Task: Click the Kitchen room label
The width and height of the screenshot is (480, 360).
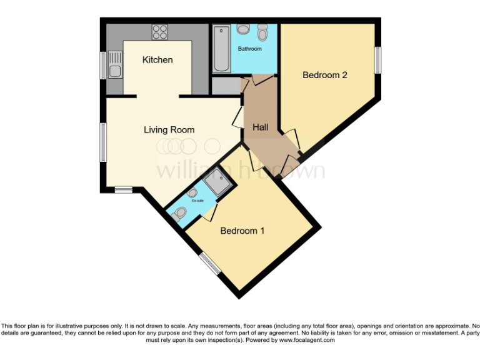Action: click(x=157, y=60)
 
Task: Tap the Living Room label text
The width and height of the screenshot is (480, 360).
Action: click(x=169, y=130)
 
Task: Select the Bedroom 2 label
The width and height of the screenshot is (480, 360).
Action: click(x=324, y=75)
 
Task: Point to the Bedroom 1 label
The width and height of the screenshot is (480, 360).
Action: click(x=242, y=231)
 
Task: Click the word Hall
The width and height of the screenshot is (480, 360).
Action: click(x=260, y=127)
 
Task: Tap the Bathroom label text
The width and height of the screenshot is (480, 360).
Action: click(x=249, y=49)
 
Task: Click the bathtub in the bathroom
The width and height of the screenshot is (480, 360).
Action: click(x=221, y=48)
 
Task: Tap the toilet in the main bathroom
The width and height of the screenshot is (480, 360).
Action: click(x=262, y=32)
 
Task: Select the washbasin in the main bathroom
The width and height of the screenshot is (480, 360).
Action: click(x=244, y=30)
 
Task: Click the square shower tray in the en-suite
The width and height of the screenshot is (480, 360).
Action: click(x=217, y=180)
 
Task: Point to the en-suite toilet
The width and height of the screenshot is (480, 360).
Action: click(x=179, y=214)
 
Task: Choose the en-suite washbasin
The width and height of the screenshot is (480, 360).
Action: click(x=192, y=193)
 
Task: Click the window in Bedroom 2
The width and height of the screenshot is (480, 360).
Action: click(x=377, y=61)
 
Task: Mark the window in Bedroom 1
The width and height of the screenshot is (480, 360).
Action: click(x=210, y=264)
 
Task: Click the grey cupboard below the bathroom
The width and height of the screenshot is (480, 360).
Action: click(x=226, y=86)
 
